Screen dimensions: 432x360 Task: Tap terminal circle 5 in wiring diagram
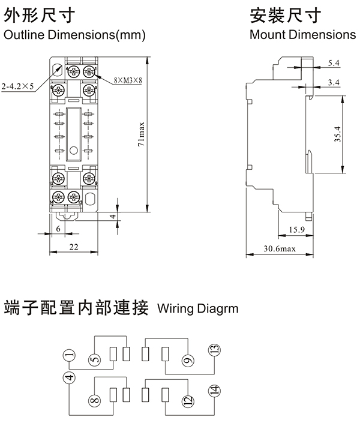[95, 360]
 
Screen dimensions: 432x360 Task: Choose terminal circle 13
[214, 350]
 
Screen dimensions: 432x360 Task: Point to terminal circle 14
[214, 391]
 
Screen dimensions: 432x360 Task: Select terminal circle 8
[95, 399]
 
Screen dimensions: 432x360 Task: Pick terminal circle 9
[187, 360]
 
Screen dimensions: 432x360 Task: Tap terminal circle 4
[70, 378]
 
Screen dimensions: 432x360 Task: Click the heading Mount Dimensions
[302, 35]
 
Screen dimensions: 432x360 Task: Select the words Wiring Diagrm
[197, 310]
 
